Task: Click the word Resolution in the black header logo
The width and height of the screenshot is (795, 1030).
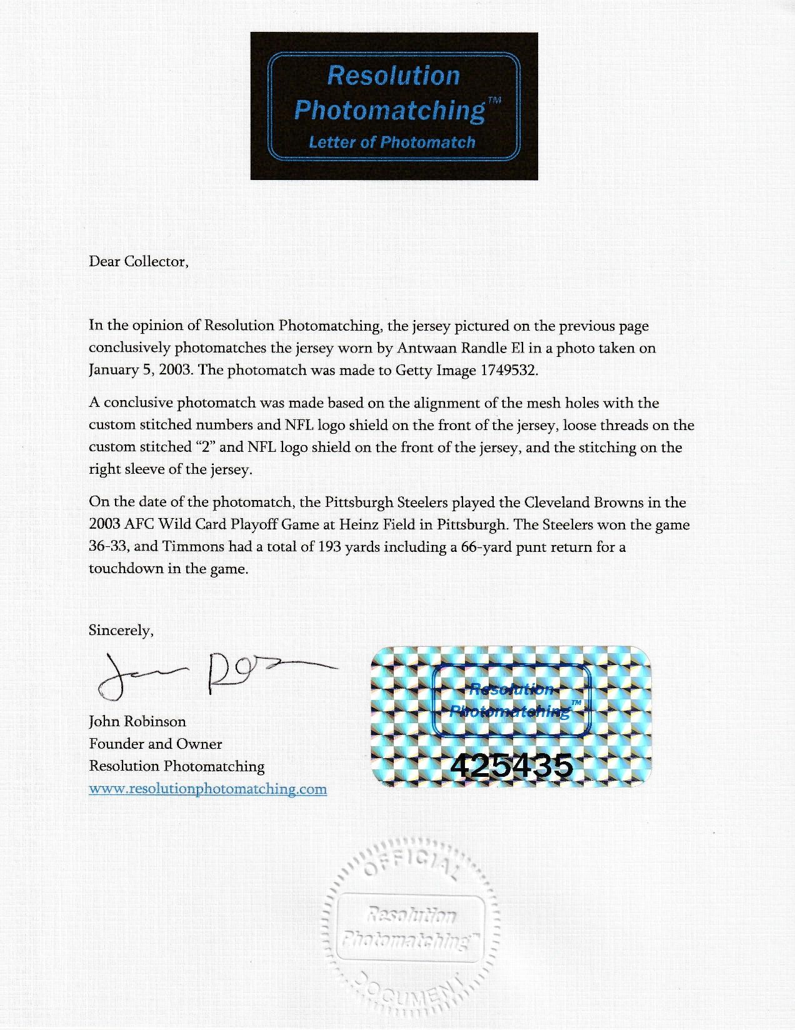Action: click(393, 76)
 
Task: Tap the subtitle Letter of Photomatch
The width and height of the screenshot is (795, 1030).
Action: click(392, 142)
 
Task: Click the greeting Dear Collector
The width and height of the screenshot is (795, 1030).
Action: click(138, 261)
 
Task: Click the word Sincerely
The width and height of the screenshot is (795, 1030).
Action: click(121, 630)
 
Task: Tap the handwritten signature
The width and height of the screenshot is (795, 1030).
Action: click(212, 674)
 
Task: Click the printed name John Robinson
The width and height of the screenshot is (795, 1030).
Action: click(137, 721)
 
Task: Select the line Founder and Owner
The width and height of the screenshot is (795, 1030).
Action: click(156, 744)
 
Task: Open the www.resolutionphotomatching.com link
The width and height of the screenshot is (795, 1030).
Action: click(208, 789)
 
